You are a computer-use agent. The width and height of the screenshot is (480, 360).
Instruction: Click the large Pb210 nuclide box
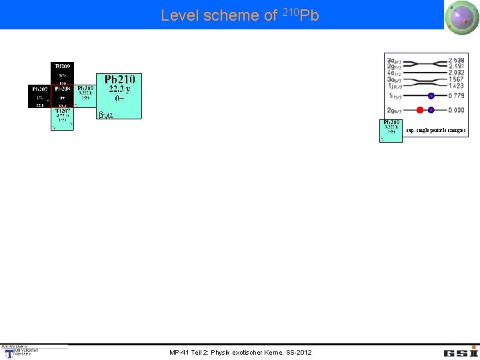(x=119, y=96)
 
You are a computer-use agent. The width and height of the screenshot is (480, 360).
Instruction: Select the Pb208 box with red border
(x=63, y=95)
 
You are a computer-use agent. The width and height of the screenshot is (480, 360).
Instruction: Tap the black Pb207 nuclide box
(x=39, y=95)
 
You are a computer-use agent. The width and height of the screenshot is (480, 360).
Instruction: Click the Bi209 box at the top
(x=63, y=73)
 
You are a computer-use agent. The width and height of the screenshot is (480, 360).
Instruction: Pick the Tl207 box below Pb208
(x=63, y=118)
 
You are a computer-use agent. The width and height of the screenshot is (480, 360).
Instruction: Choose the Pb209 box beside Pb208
(x=85, y=95)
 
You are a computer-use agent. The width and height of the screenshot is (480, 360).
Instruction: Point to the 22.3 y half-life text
(x=119, y=89)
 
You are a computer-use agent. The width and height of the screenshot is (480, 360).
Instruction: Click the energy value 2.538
(x=456, y=60)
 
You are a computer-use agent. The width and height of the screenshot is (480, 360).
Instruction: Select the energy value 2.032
(x=456, y=73)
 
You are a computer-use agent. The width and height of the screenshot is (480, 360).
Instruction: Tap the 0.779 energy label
(x=456, y=96)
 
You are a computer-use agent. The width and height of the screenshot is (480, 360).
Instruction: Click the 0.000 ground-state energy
(x=456, y=109)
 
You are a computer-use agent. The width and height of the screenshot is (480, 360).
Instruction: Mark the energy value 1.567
(x=456, y=79)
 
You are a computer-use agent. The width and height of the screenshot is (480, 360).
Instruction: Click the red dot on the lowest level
(x=420, y=109)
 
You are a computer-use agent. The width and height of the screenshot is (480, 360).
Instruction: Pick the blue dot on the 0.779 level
(x=431, y=96)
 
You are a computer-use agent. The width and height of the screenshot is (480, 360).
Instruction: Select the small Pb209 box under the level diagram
(x=392, y=131)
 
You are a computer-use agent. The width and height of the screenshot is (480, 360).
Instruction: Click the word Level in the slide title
(x=180, y=15)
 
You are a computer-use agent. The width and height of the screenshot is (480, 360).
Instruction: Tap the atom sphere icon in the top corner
(x=462, y=15)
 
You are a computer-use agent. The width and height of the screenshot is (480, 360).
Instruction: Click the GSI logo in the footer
(x=461, y=351)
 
